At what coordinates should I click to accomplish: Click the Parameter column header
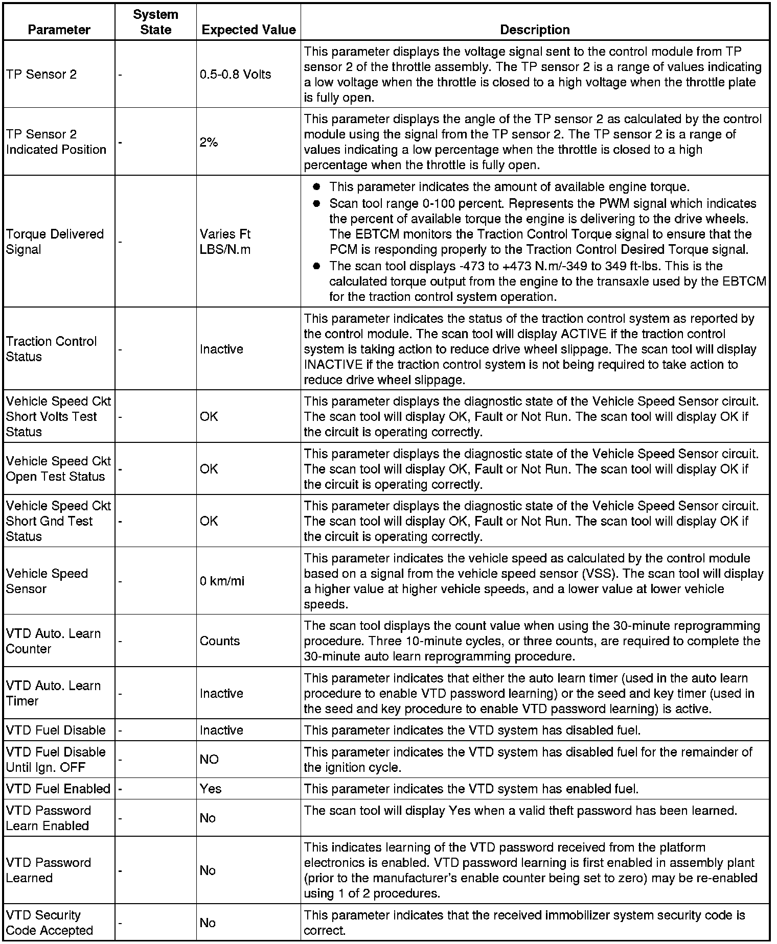59,30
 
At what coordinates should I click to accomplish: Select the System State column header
155,22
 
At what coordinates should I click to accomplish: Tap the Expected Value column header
248,30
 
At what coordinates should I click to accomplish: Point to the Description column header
535,30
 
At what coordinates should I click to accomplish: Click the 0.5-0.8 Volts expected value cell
235,74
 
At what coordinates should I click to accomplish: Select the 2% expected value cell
209,143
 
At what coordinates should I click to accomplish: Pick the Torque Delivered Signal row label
55,242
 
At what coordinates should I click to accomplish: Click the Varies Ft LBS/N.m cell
225,242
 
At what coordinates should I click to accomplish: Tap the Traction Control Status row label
51,349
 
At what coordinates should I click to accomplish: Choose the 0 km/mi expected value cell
222,581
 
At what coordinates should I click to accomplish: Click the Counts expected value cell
219,641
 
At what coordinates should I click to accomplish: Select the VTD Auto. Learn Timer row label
53,693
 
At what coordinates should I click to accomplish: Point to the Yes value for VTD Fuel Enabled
211,789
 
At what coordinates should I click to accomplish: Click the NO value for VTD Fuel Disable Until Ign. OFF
209,760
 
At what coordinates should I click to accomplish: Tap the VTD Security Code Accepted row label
49,923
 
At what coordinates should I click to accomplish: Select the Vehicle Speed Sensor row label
47,581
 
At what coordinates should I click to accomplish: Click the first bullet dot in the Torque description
316,187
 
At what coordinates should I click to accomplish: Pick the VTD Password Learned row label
48,870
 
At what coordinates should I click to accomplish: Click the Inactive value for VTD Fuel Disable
221,730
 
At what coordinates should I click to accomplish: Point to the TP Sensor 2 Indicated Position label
56,142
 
